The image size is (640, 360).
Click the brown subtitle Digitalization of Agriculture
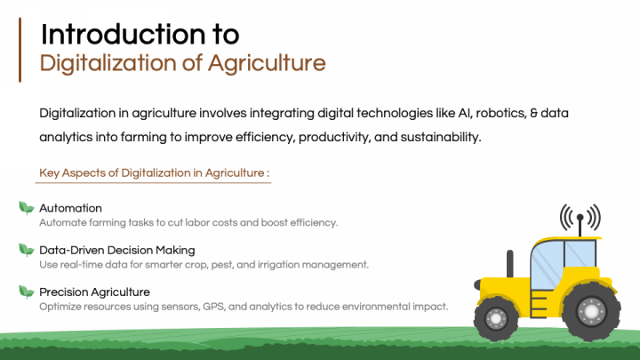tap(183, 63)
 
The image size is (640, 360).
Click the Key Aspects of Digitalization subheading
tap(154, 172)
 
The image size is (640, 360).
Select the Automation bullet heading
tap(70, 208)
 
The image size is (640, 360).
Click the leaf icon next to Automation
tap(26, 207)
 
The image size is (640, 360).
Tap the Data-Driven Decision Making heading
tap(116, 250)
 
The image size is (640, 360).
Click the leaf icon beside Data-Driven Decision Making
tap(26, 249)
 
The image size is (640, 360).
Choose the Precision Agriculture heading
tap(94, 292)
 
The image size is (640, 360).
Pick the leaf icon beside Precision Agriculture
tap(26, 291)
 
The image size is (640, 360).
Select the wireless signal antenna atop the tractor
tap(580, 219)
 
